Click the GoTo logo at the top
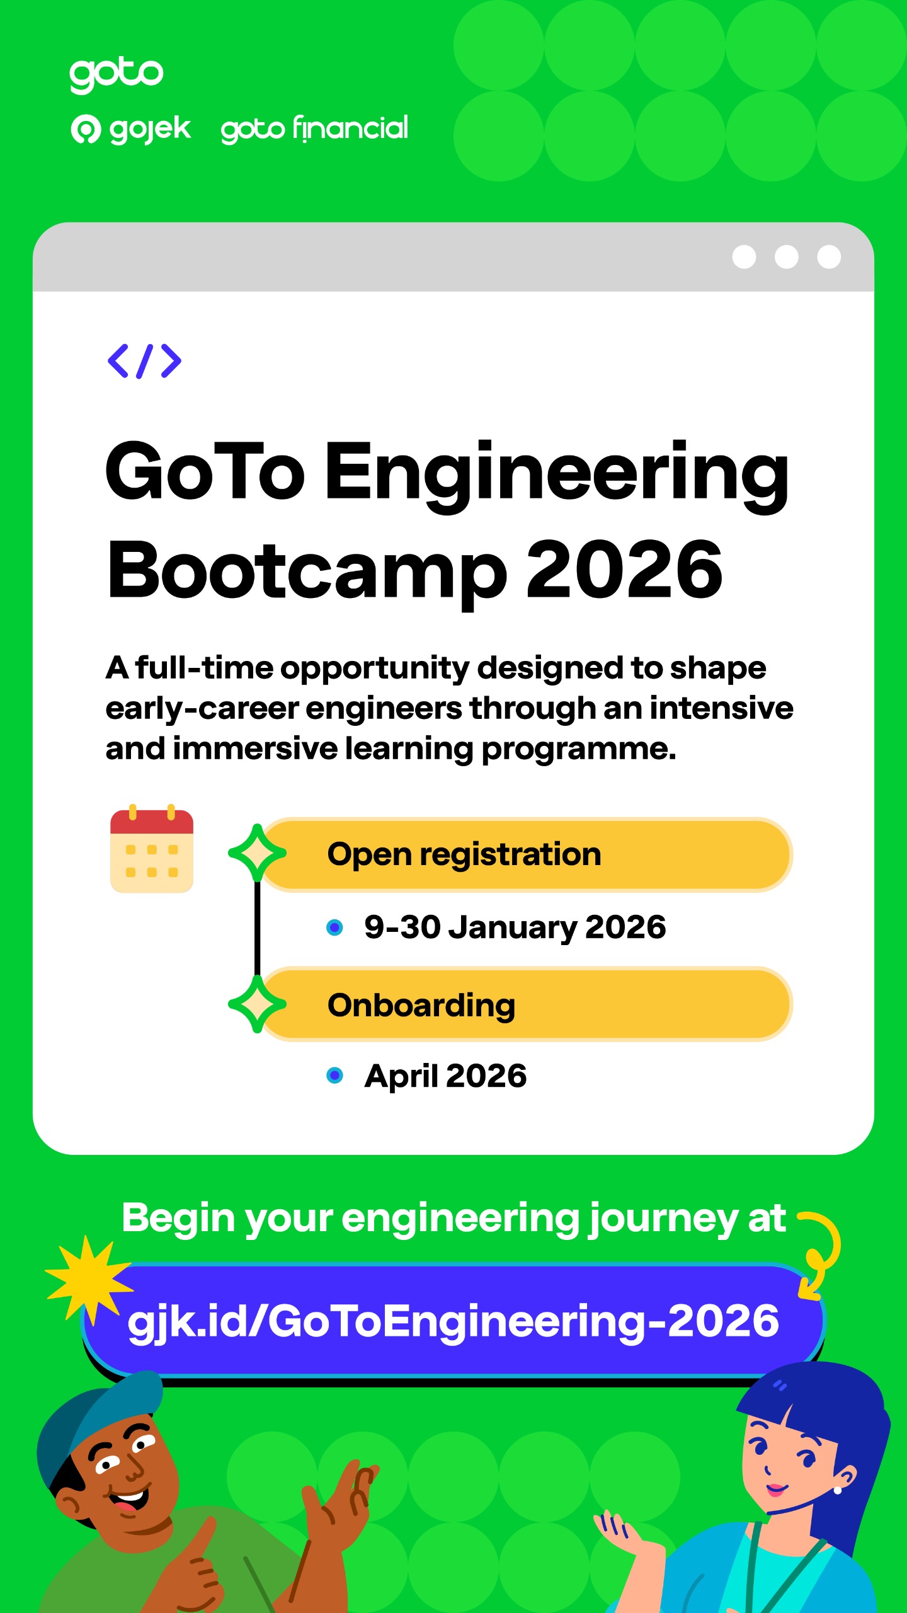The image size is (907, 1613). tap(117, 75)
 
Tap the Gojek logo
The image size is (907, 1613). tap(130, 129)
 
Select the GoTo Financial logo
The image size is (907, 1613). tap(314, 129)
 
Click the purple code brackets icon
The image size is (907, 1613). tap(144, 361)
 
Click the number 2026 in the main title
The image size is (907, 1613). tap(624, 570)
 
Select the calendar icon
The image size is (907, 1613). tap(152, 848)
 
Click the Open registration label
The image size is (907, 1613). tap(464, 855)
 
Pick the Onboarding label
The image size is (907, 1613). tap(421, 1006)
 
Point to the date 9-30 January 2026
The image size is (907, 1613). tap(515, 927)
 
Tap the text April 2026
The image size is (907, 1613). tap(445, 1076)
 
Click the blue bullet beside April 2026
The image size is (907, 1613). tap(335, 1076)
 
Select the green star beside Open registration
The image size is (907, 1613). tap(257, 853)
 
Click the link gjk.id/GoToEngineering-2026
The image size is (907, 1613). tap(453, 1321)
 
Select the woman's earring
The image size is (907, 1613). tap(838, 1490)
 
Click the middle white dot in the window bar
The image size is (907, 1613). tap(786, 257)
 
